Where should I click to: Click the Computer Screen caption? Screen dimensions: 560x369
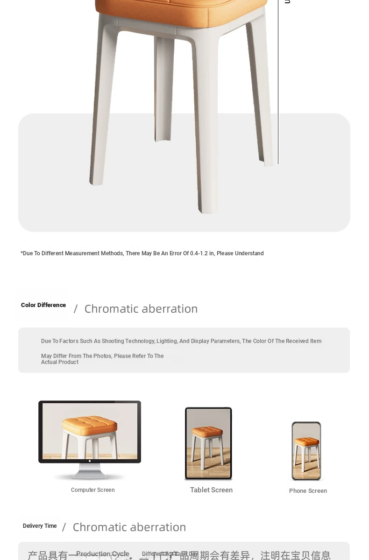[x=92, y=490]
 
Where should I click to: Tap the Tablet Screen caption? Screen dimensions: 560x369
[x=211, y=490]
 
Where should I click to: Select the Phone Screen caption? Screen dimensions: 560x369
[x=308, y=491]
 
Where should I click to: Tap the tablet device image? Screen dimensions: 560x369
[x=208, y=443]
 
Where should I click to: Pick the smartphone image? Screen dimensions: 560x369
[x=306, y=451]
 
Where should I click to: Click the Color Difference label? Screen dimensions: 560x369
[x=43, y=305]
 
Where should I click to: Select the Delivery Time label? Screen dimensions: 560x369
[x=40, y=526]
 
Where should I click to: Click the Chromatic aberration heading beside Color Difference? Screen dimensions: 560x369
[x=141, y=309]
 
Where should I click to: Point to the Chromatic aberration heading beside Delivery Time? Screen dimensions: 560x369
[x=129, y=527]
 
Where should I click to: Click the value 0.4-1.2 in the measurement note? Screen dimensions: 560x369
[x=202, y=253]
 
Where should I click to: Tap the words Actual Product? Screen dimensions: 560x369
[x=59, y=363]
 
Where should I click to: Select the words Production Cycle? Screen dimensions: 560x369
[x=102, y=554]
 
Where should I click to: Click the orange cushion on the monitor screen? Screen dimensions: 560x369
[x=89, y=424]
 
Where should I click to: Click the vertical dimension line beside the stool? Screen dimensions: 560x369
[x=278, y=93]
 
